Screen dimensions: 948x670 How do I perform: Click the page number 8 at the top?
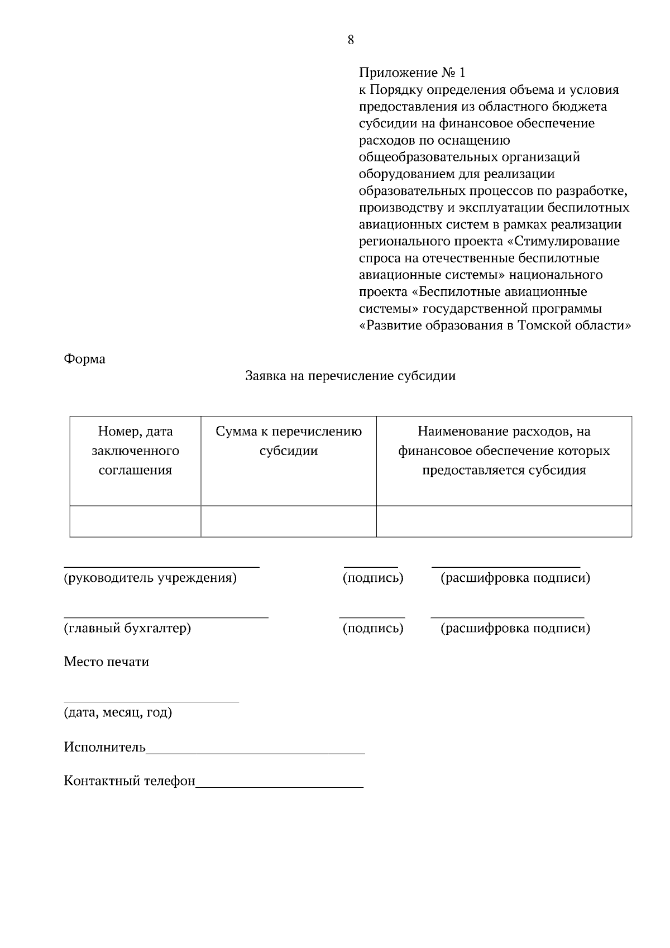(x=351, y=40)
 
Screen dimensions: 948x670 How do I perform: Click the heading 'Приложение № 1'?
(x=411, y=73)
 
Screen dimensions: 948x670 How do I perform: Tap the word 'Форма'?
(x=84, y=359)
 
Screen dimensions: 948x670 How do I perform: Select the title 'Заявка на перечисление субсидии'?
(x=350, y=376)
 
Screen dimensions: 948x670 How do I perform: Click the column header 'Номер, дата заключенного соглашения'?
(x=135, y=451)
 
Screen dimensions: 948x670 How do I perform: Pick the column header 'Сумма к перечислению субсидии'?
(x=289, y=441)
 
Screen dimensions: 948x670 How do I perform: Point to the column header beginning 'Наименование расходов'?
(x=504, y=451)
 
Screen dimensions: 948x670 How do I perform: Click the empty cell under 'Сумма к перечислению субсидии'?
(x=289, y=521)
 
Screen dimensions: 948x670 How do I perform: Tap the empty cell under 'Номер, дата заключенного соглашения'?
(x=135, y=521)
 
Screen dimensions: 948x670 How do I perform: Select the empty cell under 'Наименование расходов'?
(x=504, y=521)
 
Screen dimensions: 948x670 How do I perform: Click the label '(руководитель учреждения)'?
(x=150, y=578)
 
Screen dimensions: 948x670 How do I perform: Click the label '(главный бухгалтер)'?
(x=127, y=629)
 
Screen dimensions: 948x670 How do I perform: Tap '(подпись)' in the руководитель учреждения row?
(x=372, y=578)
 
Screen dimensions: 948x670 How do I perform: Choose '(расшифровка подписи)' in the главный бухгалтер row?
(x=515, y=629)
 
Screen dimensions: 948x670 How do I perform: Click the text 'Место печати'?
(x=106, y=662)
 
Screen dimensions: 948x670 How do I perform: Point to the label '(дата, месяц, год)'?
(x=118, y=713)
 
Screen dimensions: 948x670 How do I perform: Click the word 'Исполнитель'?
(x=104, y=748)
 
